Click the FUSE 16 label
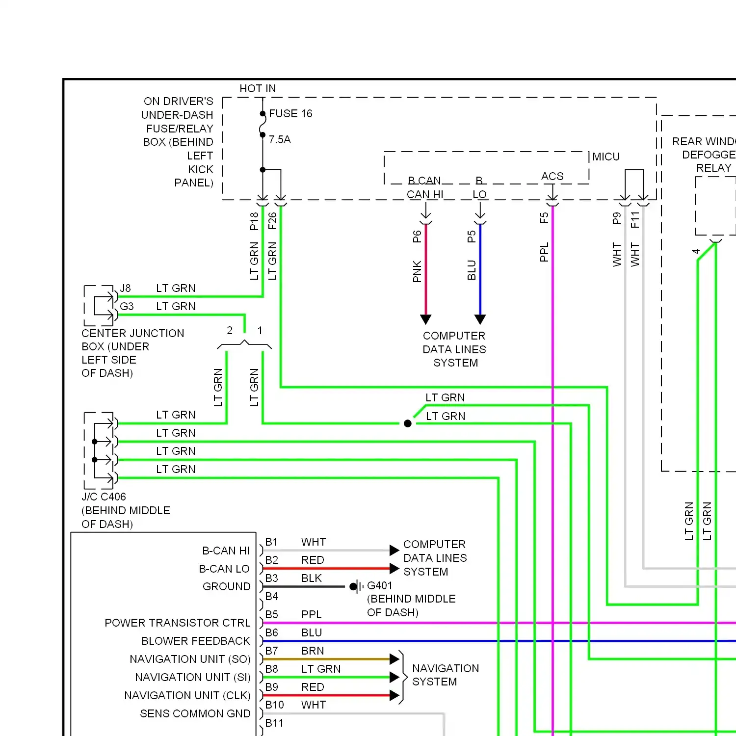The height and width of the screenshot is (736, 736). (290, 114)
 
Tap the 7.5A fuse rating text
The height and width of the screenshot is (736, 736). (280, 140)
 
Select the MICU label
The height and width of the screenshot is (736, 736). (606, 157)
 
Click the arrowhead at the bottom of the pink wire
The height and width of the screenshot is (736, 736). (426, 319)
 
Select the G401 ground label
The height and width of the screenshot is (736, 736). (380, 586)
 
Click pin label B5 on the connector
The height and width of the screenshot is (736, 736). (272, 615)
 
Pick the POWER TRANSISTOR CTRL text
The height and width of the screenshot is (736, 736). (177, 623)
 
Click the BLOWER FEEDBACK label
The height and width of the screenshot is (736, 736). (195, 641)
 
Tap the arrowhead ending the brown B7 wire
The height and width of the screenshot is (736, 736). (394, 659)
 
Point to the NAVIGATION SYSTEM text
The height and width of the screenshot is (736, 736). (445, 675)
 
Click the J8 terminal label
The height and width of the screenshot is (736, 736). (126, 289)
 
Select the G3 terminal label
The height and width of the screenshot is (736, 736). (127, 307)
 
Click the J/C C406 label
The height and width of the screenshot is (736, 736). (104, 497)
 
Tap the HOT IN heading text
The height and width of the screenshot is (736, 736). (258, 89)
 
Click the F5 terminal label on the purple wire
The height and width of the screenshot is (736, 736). (544, 218)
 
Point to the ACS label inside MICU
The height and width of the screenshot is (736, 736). (552, 177)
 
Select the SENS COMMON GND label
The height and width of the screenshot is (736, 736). (195, 714)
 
